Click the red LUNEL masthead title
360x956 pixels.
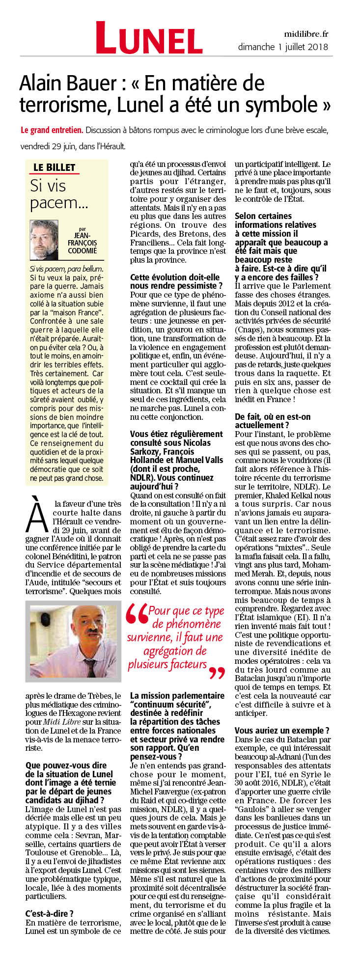[149, 38]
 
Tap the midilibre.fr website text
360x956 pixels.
[305, 34]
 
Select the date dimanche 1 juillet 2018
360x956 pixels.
[283, 47]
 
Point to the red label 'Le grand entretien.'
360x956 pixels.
[52, 130]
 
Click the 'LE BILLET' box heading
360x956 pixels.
[54, 167]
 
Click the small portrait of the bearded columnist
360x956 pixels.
[44, 240]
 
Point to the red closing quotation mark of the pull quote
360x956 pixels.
[216, 672]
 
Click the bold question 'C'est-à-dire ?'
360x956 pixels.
[49, 913]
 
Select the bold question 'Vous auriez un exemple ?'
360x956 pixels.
[282, 730]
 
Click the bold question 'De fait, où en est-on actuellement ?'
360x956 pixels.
[273, 421]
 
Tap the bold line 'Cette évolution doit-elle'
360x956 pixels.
[175, 277]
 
